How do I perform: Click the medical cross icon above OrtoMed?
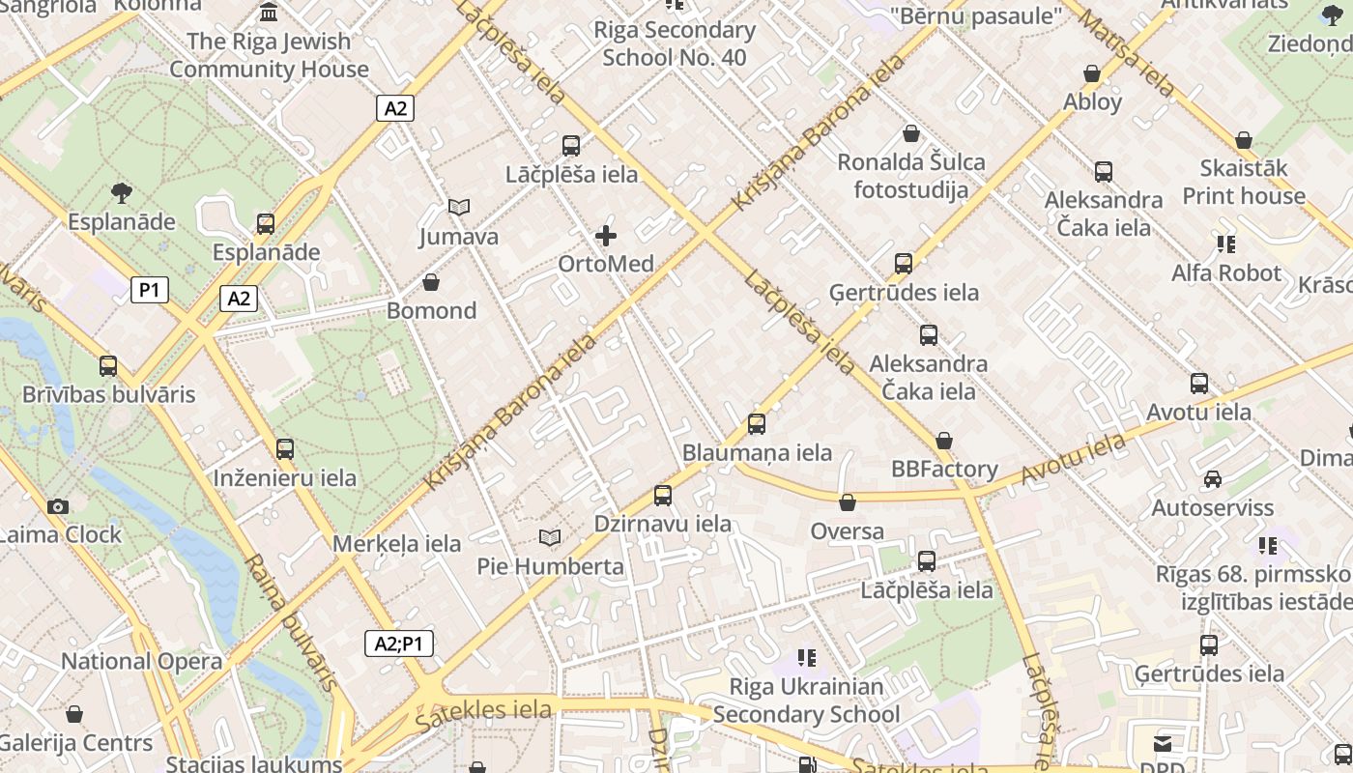pyautogui.click(x=606, y=235)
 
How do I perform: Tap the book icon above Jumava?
pyautogui.click(x=459, y=207)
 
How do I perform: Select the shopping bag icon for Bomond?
pyautogui.click(x=431, y=282)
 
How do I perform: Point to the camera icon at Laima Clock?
pyautogui.click(x=58, y=506)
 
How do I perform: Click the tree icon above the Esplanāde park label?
pyautogui.click(x=122, y=193)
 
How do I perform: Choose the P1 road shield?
pyautogui.click(x=150, y=289)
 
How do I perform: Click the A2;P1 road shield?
pyautogui.click(x=399, y=644)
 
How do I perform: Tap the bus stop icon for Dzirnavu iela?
pyautogui.click(x=663, y=496)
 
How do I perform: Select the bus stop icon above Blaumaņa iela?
pyautogui.click(x=757, y=424)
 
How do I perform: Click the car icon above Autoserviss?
pyautogui.click(x=1213, y=479)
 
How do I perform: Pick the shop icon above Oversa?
pyautogui.click(x=848, y=502)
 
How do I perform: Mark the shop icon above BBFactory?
pyautogui.click(x=944, y=441)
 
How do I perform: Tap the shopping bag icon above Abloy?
pyautogui.click(x=1092, y=73)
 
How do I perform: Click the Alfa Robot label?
pyautogui.click(x=1226, y=272)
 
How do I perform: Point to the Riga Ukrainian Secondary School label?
pyautogui.click(x=806, y=701)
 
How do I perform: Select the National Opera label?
pyautogui.click(x=142, y=662)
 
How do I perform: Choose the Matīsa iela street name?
pyautogui.click(x=1128, y=52)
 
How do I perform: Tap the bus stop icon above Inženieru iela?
pyautogui.click(x=285, y=449)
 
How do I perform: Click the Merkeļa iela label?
pyautogui.click(x=397, y=543)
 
